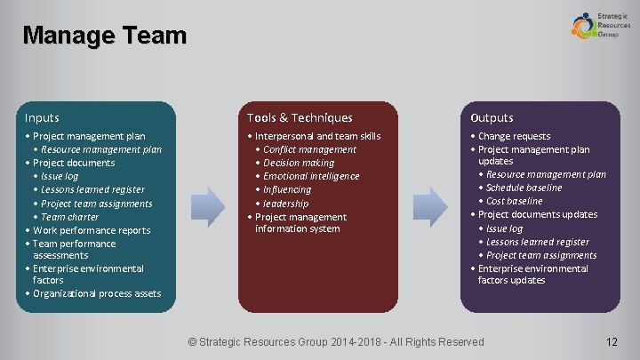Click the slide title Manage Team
click(x=105, y=36)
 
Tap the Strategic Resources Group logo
click(x=595, y=24)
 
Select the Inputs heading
click(x=43, y=117)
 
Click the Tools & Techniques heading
click(x=300, y=117)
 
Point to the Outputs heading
click(x=492, y=117)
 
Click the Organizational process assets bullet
click(x=97, y=293)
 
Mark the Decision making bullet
click(x=299, y=163)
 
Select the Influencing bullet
click(x=287, y=189)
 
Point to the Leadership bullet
click(x=285, y=204)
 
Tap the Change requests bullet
click(x=514, y=136)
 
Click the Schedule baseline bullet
click(x=524, y=188)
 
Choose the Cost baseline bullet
click(x=514, y=201)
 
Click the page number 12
click(x=611, y=342)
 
